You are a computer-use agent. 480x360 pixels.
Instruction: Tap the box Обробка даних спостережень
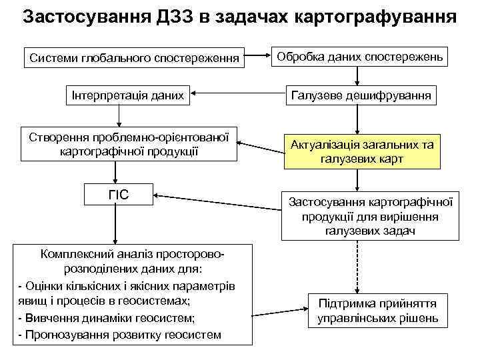[x=361, y=57]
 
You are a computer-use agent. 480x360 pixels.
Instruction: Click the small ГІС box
[x=119, y=195]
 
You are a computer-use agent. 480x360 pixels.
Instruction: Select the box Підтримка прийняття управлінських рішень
[x=378, y=310]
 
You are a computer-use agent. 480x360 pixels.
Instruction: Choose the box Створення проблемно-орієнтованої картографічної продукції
[x=129, y=144]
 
